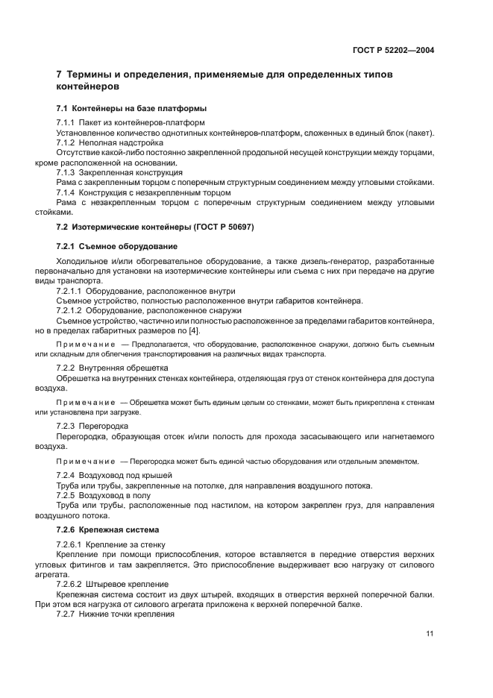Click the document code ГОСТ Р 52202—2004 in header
[x=393, y=50]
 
